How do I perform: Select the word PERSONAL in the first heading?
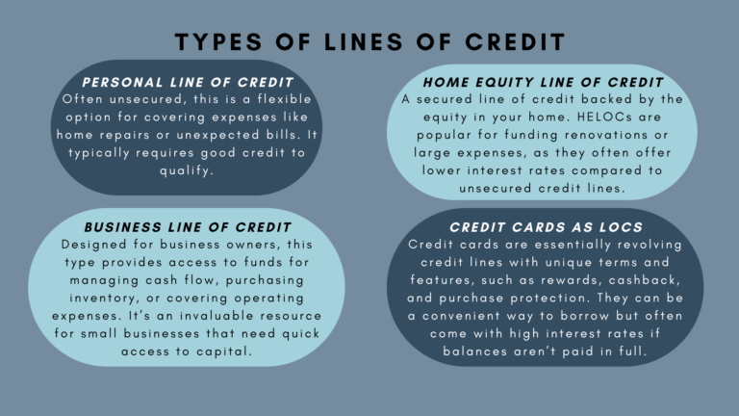pos(124,83)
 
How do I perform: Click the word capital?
pos(224,351)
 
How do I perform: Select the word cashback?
pos(629,279)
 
